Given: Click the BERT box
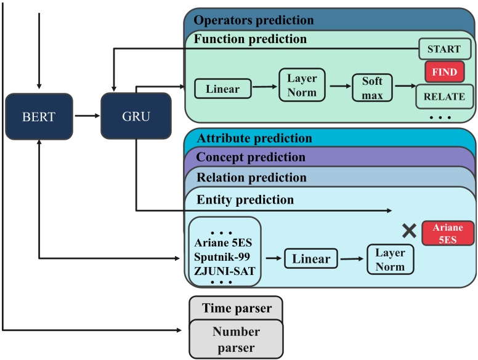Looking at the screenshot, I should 39,116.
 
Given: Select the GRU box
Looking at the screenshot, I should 135,116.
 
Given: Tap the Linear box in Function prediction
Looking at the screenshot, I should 222,89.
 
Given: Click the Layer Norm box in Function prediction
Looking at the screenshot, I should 302,86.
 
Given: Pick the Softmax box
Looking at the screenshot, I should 372,87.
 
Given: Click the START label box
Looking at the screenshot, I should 444,49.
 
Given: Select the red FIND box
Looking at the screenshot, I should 444,72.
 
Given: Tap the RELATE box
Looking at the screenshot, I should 444,96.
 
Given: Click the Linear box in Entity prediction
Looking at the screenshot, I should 310,258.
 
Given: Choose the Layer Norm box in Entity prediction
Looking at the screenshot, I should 390,258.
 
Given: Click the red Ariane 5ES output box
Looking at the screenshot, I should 448,234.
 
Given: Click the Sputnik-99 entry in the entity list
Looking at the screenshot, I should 224,255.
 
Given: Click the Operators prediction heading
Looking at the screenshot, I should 253,20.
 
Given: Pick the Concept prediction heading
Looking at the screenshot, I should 250,158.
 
